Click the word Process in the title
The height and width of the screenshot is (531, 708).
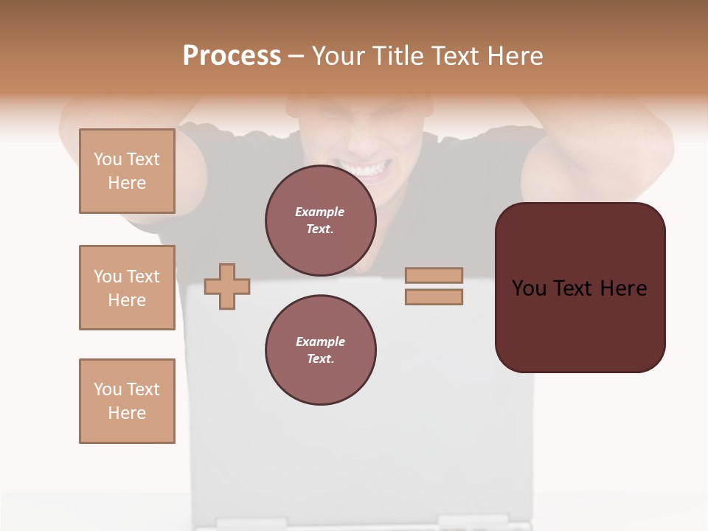(x=232, y=56)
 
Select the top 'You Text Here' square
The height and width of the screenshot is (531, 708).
(x=127, y=171)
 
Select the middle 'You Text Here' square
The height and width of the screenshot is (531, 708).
(x=127, y=288)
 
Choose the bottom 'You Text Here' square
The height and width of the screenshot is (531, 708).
(x=127, y=401)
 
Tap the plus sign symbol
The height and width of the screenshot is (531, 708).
(x=227, y=286)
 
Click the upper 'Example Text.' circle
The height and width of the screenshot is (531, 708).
(x=320, y=220)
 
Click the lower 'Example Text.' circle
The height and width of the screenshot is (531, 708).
(x=320, y=350)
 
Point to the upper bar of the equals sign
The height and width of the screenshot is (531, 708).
(x=434, y=276)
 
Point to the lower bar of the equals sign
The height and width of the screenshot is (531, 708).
(x=434, y=297)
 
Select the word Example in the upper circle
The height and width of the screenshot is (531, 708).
(x=320, y=212)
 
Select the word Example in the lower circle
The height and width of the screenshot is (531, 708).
(x=320, y=341)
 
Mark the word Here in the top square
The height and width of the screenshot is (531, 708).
(x=127, y=183)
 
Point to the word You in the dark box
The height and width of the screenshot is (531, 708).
(x=530, y=288)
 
